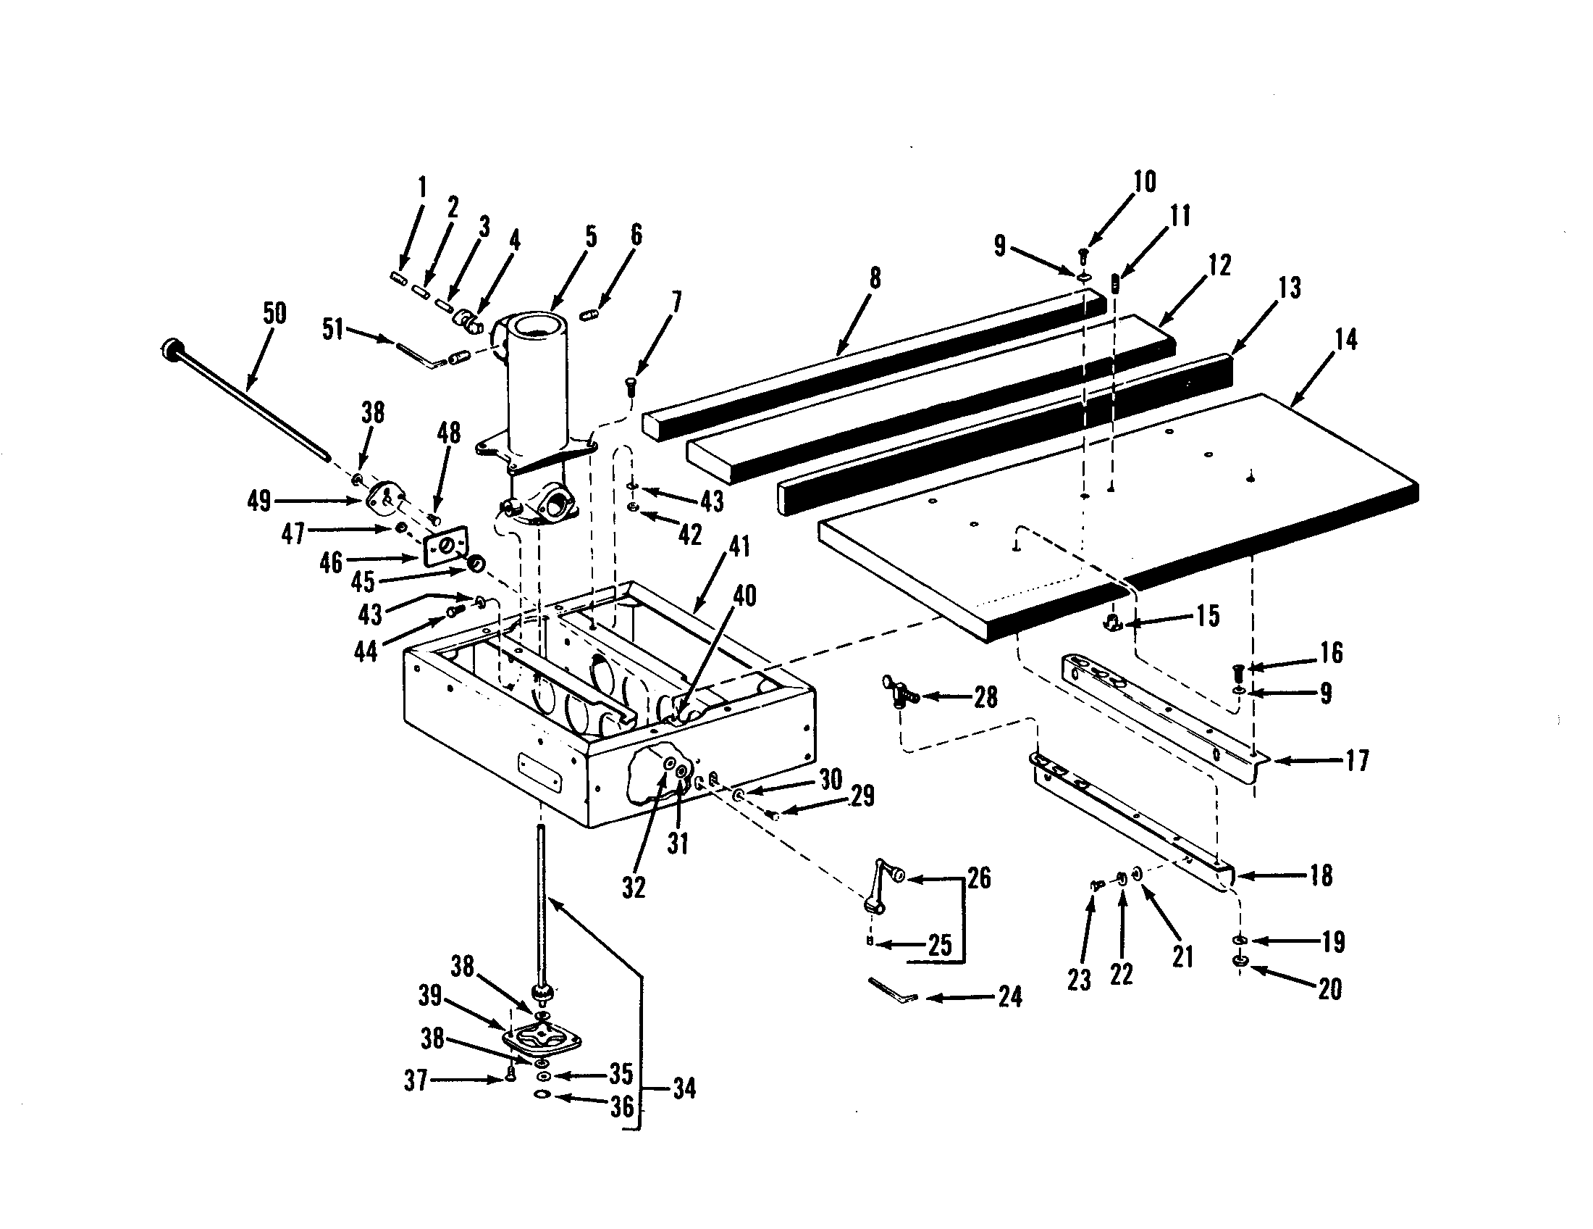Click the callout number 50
coord(274,314)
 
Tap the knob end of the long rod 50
coord(171,348)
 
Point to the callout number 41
coord(739,546)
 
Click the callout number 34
coord(684,1089)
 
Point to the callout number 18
coord(1321,875)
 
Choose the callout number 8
coord(875,278)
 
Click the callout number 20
coord(1329,989)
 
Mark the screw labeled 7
coord(631,384)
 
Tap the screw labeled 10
coord(1083,255)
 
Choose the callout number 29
coord(862,796)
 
